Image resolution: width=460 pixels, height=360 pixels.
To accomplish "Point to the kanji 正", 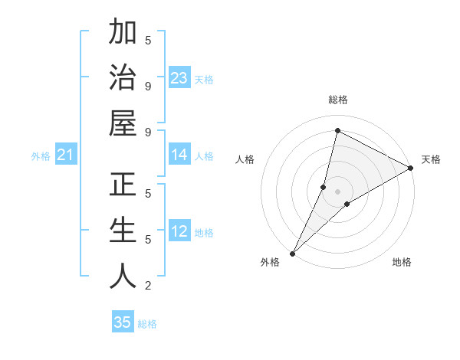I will coord(123,185).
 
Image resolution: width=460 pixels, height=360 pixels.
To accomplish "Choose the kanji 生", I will coord(123,230).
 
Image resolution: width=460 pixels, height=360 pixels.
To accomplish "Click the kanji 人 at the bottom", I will coord(123,276).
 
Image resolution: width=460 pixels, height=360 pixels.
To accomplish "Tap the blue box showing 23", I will coord(179,77).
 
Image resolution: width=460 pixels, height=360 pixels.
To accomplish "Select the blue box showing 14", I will coord(179,155).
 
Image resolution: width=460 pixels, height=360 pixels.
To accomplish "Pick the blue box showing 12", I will coord(179,232).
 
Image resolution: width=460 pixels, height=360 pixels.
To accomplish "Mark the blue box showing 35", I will coord(123,322).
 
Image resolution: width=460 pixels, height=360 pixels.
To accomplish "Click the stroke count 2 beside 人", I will coord(148,286).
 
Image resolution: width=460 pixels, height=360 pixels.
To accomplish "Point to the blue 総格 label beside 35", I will coord(147,324).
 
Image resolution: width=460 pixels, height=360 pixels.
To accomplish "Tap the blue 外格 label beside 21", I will coord(40,157).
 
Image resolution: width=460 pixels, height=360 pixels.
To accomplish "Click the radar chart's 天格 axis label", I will coord(431,159).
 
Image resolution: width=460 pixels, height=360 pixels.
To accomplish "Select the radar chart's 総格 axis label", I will coord(337,100).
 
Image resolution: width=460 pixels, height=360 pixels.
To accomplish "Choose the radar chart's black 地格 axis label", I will coord(402,262).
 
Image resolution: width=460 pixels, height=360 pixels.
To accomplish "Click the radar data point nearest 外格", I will coord(293,253).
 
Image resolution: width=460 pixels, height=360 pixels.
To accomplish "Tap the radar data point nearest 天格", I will coord(411,169).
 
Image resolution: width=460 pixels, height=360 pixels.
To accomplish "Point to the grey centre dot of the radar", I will coord(337,190).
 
